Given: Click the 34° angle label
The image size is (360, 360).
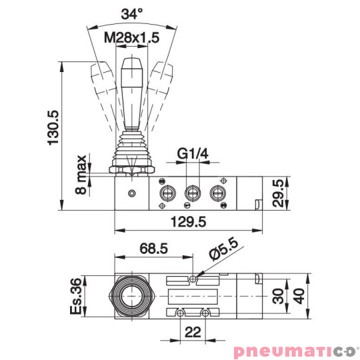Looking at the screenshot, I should pyautogui.click(x=132, y=13).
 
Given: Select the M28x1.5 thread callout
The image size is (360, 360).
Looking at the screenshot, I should pyautogui.click(x=131, y=38).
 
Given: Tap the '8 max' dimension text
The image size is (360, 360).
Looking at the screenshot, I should pyautogui.click(x=81, y=175).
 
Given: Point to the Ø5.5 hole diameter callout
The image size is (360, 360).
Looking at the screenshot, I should pyautogui.click(x=223, y=253).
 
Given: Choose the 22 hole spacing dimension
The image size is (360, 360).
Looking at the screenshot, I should pyautogui.click(x=191, y=331).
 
